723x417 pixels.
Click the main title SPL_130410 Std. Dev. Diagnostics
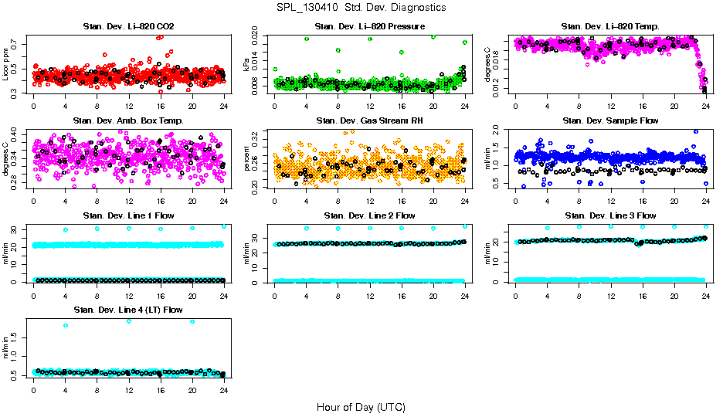pos(361,7)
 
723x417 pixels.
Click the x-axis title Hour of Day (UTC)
pos(361,406)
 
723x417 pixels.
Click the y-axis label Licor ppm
pos(6,64)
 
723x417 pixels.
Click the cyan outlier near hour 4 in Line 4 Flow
pos(66,325)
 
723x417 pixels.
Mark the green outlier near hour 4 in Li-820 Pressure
pos(307,39)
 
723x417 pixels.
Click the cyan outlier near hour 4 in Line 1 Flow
pos(66,229)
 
